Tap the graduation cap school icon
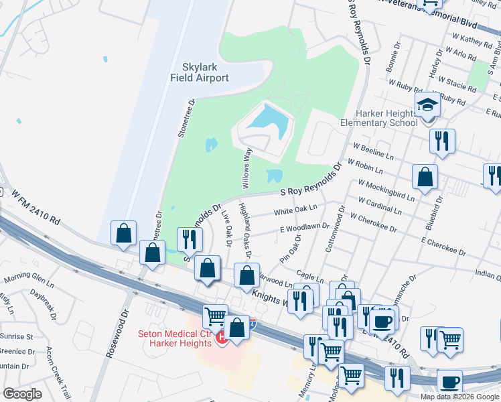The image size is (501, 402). click(x=427, y=105)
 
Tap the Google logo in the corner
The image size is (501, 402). click(x=22, y=394)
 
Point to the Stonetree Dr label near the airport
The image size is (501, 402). click(x=186, y=119)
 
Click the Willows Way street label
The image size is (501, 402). click(x=246, y=167)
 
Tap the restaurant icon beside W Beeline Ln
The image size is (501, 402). click(x=441, y=141)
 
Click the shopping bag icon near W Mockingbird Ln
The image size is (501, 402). click(x=425, y=178)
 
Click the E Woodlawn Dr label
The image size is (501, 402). click(x=305, y=228)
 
